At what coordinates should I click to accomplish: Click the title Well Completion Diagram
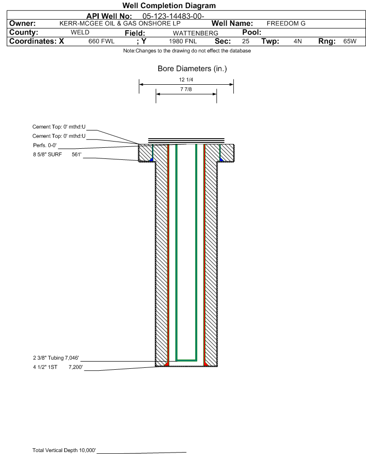click(169, 5)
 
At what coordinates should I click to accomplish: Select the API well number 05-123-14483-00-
click(173, 16)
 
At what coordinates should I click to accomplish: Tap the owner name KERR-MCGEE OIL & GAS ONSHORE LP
click(120, 24)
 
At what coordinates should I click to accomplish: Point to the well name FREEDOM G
click(286, 24)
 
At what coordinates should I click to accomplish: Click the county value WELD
click(80, 32)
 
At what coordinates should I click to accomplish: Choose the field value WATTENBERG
click(195, 33)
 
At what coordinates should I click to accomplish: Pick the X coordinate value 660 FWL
click(101, 41)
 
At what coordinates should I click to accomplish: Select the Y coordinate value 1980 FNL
click(183, 41)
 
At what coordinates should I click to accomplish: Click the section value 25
click(245, 41)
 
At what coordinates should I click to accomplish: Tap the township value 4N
click(298, 41)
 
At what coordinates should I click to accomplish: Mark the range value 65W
click(350, 41)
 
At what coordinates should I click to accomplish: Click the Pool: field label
click(252, 32)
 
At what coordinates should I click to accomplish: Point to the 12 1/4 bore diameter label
click(186, 79)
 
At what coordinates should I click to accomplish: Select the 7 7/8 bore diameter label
click(186, 89)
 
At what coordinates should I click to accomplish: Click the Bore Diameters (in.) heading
click(192, 69)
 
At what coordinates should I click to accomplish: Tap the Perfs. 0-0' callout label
click(45, 145)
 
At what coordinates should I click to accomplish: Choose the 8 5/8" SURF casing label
click(47, 155)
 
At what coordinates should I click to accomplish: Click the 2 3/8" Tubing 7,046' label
click(55, 358)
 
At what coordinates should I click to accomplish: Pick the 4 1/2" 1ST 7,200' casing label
click(58, 367)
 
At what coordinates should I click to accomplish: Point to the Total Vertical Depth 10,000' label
click(64, 450)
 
